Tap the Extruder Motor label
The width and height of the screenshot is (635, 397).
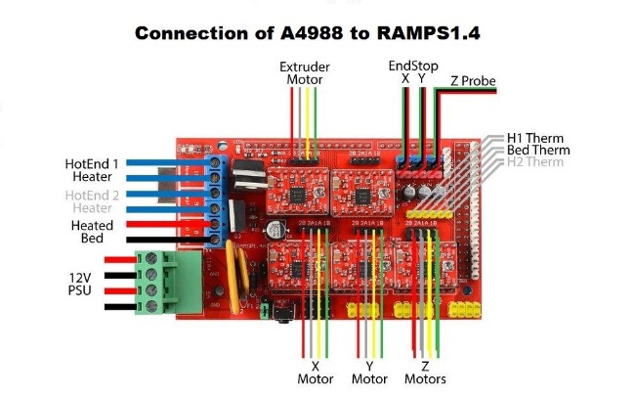tap(304, 73)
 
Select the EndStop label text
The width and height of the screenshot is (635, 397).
tap(412, 66)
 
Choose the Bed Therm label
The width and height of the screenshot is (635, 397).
tap(538, 151)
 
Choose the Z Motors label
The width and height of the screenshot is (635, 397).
tap(425, 372)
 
